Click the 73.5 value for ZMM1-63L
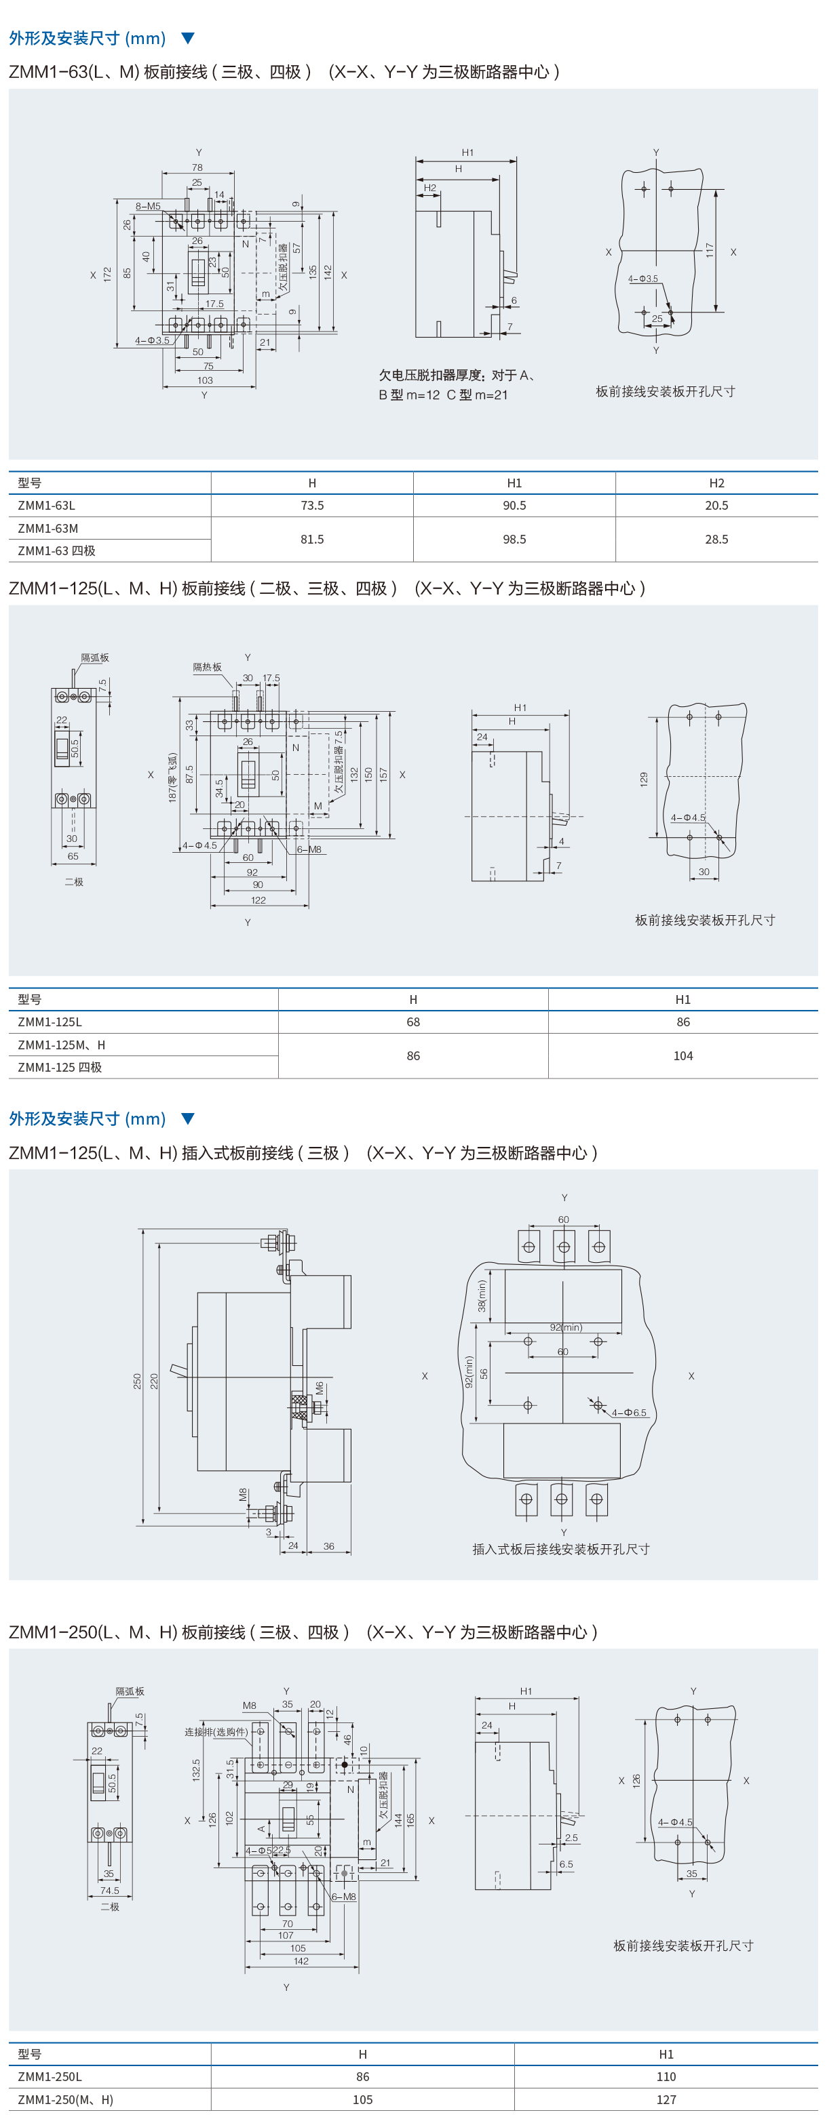312,505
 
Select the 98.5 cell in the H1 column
514,539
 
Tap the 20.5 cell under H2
716,505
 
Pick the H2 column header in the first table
716,483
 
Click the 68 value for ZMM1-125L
413,1022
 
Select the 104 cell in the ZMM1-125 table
683,1055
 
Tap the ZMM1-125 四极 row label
60,1067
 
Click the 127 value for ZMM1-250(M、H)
666,2099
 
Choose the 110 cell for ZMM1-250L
666,2076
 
